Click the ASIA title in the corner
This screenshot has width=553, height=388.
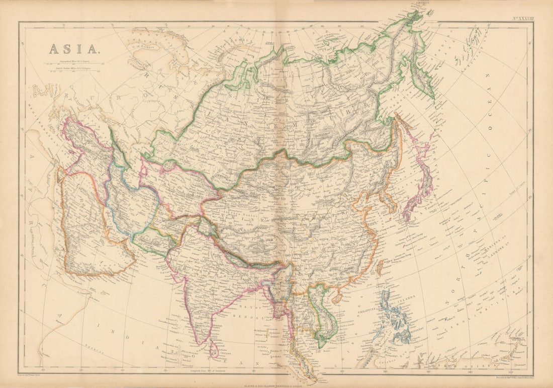pyautogui.click(x=73, y=49)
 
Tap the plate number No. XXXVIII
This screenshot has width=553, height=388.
pyautogui.click(x=523, y=18)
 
